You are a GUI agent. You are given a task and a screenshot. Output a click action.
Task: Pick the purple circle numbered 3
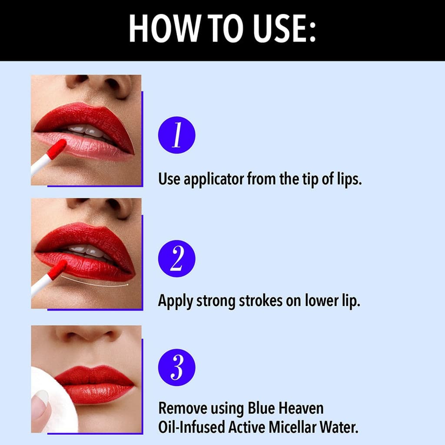(x=176, y=367)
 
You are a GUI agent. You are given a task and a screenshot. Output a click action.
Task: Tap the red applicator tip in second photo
(x=57, y=270)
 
